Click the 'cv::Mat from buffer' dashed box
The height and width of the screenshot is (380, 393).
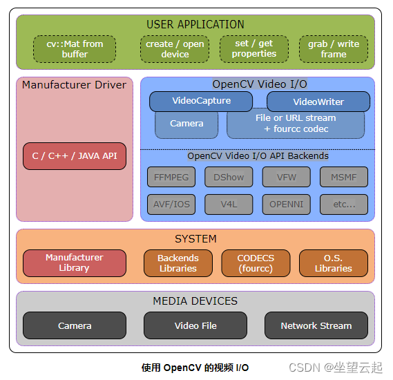(75, 49)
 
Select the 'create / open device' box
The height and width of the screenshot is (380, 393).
(175, 49)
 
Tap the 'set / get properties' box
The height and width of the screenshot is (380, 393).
(253, 48)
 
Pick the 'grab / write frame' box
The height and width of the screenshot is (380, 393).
(334, 49)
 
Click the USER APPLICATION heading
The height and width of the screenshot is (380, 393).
(195, 25)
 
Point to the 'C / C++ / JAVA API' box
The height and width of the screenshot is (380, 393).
(75, 156)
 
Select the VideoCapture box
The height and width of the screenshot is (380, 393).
(201, 101)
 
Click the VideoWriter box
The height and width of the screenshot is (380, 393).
(318, 102)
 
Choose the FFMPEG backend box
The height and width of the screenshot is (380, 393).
(171, 177)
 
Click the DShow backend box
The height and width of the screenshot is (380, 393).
(229, 177)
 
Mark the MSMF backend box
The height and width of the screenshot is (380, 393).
(344, 177)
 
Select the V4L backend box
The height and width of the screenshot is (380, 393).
(229, 205)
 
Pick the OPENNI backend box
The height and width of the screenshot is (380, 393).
(286, 205)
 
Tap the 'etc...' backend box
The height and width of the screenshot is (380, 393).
(344, 205)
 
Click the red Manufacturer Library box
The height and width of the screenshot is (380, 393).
(75, 263)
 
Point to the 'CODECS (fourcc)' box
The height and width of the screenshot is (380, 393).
(256, 263)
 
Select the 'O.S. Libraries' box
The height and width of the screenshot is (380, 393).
(333, 263)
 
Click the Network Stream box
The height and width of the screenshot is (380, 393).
(316, 325)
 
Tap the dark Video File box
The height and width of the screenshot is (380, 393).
(195, 325)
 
